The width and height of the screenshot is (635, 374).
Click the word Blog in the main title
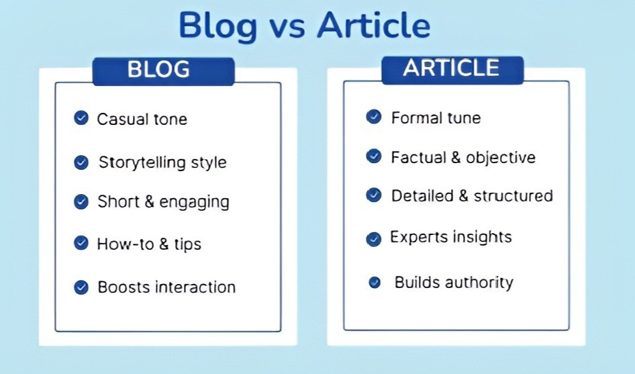[x=218, y=26]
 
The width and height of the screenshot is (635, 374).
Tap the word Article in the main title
[x=373, y=26]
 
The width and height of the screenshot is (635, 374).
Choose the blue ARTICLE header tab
[x=451, y=69]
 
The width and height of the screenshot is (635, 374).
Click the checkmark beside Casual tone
[x=81, y=119]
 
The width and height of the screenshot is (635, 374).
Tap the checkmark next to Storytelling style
[x=81, y=162]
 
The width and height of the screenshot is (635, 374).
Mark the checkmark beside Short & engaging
[x=81, y=201]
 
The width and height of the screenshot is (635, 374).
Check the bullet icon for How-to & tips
[x=81, y=243]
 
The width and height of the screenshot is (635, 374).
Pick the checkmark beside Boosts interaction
[x=81, y=287]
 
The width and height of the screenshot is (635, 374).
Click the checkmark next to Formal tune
[x=374, y=117]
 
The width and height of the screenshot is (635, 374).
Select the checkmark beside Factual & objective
[x=374, y=156]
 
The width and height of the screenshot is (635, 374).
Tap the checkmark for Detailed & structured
[x=374, y=195]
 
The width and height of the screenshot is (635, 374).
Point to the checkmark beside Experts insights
[x=374, y=238]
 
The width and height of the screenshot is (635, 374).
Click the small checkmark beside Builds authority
[x=375, y=283]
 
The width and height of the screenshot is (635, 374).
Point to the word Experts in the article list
[x=415, y=237]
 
